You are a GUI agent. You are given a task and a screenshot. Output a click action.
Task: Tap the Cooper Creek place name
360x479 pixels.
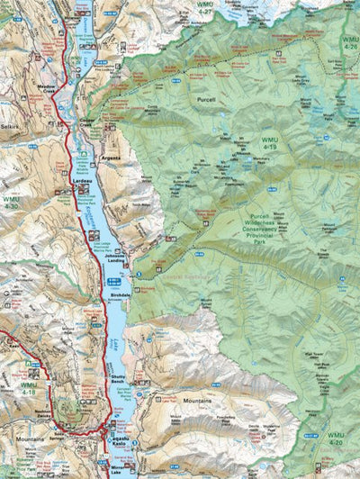[x=87, y=121]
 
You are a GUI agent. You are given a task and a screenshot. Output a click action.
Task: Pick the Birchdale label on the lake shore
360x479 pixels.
[x=120, y=294]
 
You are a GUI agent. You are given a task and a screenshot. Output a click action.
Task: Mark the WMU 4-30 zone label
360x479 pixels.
[x=10, y=203]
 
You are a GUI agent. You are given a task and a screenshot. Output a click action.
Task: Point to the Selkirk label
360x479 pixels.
[x=12, y=130]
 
